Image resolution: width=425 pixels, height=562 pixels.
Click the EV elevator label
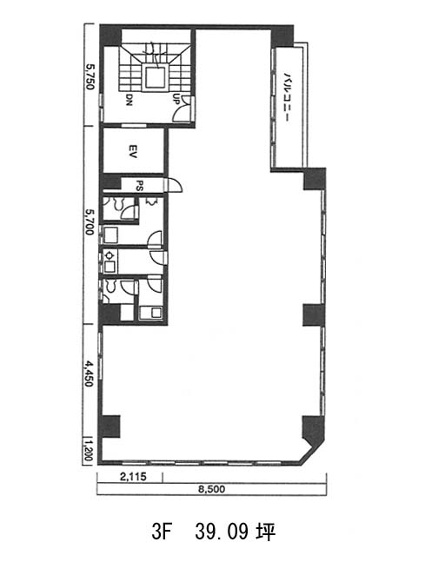[133, 151]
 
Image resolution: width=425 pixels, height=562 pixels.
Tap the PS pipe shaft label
[140, 186]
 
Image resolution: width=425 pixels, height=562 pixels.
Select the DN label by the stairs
[129, 100]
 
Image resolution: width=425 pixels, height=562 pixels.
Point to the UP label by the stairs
[176, 98]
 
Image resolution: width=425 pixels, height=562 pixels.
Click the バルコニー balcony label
[287, 97]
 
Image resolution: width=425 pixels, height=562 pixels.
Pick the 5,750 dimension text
[90, 76]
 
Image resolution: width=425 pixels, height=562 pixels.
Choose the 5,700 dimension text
[90, 222]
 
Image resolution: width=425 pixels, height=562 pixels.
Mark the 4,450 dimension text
[89, 374]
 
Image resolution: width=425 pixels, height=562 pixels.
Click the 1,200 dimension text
[89, 451]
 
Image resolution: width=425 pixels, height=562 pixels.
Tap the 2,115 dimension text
[133, 477]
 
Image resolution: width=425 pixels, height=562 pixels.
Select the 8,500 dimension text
[211, 489]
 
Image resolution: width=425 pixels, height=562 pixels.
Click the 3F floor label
[160, 532]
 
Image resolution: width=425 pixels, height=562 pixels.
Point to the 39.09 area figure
[222, 532]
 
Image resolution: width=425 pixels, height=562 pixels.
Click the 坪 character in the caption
[266, 532]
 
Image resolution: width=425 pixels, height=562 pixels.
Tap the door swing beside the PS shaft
[175, 185]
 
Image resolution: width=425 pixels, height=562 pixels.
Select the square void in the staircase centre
[155, 77]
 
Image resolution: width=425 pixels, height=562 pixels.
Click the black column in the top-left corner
[110, 36]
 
